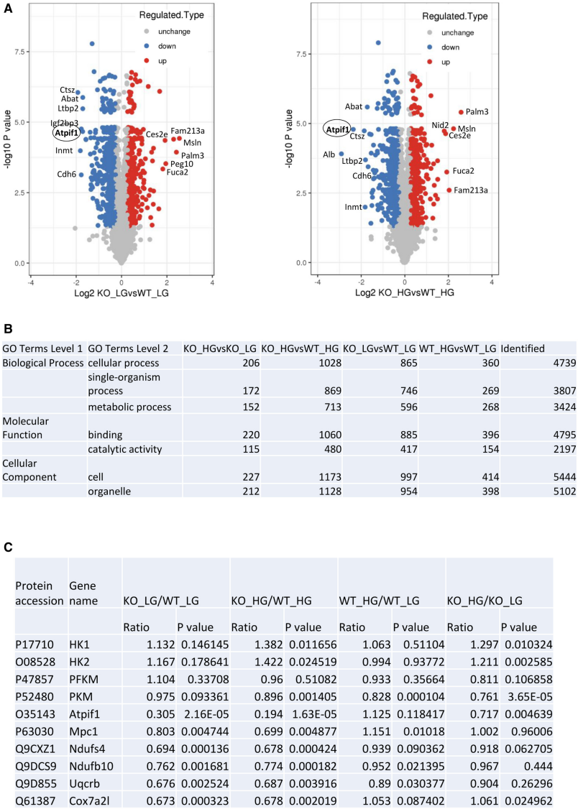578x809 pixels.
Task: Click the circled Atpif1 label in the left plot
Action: tap(66, 132)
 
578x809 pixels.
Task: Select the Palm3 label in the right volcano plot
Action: tap(477, 111)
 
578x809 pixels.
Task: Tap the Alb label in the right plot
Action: tap(328, 154)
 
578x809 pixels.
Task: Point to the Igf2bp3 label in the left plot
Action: tap(64, 123)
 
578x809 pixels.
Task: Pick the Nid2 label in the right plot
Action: tap(440, 125)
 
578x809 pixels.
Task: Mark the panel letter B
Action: tap(8, 329)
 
